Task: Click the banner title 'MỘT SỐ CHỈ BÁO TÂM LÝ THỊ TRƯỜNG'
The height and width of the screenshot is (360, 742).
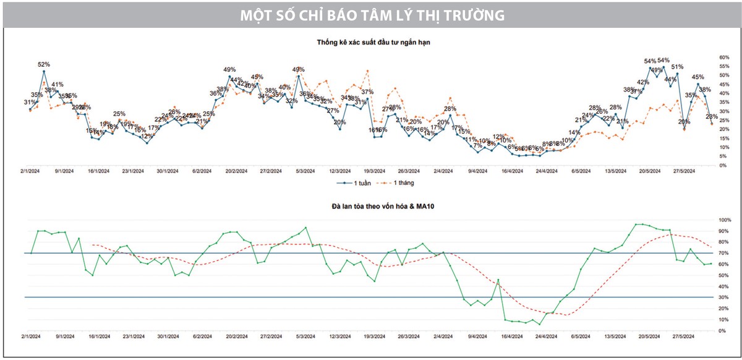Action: tap(371, 14)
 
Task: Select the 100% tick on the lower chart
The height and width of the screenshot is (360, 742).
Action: tap(725, 220)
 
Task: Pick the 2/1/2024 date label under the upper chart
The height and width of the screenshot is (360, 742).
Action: tap(30, 171)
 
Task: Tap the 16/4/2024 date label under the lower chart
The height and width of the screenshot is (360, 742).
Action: tap(513, 336)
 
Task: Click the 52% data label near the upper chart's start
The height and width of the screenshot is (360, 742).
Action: tap(44, 64)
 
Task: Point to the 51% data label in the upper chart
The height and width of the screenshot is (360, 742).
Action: tap(677, 67)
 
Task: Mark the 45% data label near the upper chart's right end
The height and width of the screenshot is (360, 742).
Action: tap(698, 77)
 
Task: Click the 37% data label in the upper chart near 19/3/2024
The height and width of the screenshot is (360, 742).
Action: tap(367, 92)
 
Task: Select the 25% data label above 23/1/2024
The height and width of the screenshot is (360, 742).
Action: tap(119, 114)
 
